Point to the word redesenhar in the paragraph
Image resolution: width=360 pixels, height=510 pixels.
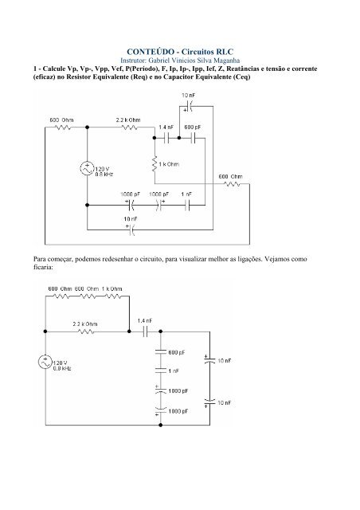(117, 259)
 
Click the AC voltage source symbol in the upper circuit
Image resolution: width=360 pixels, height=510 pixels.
(87, 168)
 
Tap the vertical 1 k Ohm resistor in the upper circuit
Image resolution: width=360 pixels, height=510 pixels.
(155, 164)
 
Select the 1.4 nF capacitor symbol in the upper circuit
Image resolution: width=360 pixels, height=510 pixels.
(167, 138)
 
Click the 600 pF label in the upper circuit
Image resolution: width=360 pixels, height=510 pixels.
(193, 127)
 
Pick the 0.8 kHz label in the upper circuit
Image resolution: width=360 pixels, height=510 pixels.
(104, 175)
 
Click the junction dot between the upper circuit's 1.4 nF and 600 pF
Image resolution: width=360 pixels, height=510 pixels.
(179, 138)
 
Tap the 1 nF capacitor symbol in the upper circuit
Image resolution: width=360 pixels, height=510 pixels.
(187, 205)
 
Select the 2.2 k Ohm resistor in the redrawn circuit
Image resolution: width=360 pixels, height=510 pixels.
(86, 331)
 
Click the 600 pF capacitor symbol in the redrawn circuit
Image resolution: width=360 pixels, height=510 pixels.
(161, 352)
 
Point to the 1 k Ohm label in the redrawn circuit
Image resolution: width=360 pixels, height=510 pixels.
(112, 288)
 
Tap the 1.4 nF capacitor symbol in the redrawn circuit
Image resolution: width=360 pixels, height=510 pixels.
(145, 331)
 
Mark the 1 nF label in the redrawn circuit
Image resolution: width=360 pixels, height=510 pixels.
(174, 371)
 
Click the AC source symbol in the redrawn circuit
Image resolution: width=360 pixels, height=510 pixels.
(45, 362)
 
